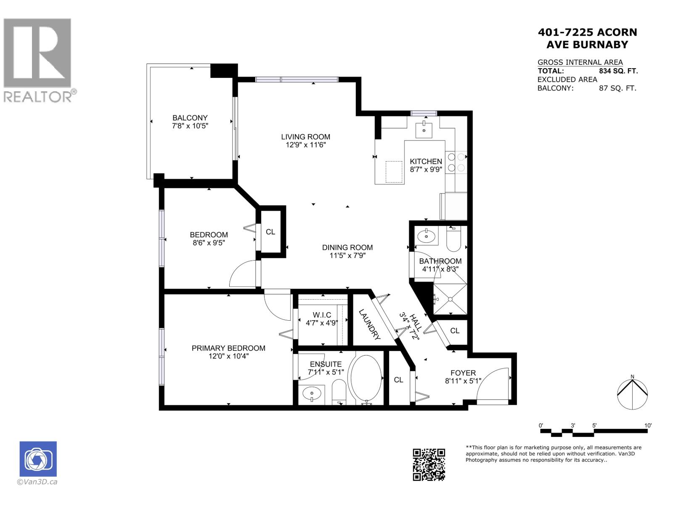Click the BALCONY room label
pos(190,118)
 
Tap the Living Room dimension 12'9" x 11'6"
pos(305,145)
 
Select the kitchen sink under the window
pos(424,130)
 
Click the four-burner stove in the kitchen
pos(456,162)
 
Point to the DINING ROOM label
pos(347,247)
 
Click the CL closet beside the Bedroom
pos(270,232)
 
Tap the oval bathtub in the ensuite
pos(366,378)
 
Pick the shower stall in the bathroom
pos(450,299)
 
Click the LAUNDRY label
pos(370,325)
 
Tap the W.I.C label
pos(322,315)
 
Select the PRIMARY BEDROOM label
pos(228,348)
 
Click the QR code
pos(429,464)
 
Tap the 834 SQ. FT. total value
pos(618,71)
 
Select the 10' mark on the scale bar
pos(647,425)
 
